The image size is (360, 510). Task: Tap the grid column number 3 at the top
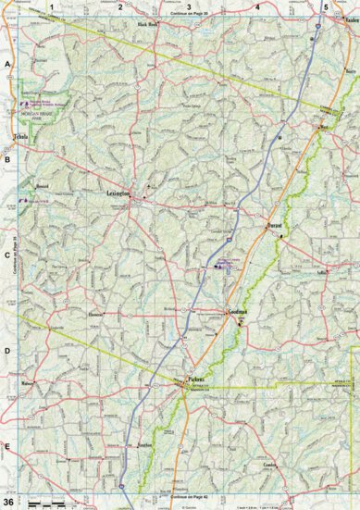[189, 6]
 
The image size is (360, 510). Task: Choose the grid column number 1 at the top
[53, 6]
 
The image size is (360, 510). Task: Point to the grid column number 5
[325, 6]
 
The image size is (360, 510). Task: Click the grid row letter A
[7, 64]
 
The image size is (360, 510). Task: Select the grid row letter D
[7, 352]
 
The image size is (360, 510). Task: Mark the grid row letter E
[7, 447]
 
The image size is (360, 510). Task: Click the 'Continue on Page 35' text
[189, 16]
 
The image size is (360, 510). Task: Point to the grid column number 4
[257, 6]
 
